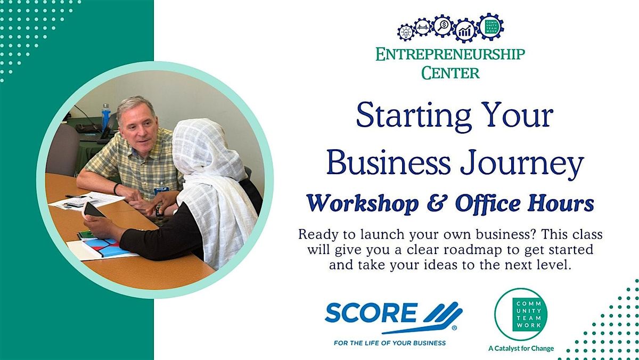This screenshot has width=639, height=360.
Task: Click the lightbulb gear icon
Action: pos(405,32)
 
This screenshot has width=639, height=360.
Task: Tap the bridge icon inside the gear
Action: pos(423,27)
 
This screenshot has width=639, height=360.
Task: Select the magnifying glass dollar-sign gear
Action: pos(443,26)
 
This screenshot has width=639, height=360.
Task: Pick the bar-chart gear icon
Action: pos(465,30)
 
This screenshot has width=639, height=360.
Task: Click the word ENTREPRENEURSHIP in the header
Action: pos(450,54)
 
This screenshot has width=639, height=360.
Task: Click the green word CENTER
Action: pos(450,73)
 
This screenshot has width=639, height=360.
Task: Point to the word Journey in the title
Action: pos(522,164)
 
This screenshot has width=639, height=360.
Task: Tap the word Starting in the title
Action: pos(413,116)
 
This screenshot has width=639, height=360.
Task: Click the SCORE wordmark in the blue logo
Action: pos(371,313)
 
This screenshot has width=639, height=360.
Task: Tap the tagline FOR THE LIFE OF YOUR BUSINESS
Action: pos(390,342)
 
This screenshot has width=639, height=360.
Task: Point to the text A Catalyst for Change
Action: pos(521,348)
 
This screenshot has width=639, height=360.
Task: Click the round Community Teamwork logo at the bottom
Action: pos(521,314)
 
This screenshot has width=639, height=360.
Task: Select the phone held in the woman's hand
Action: pos(93,211)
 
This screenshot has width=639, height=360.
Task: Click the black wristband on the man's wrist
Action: pos(116,189)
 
